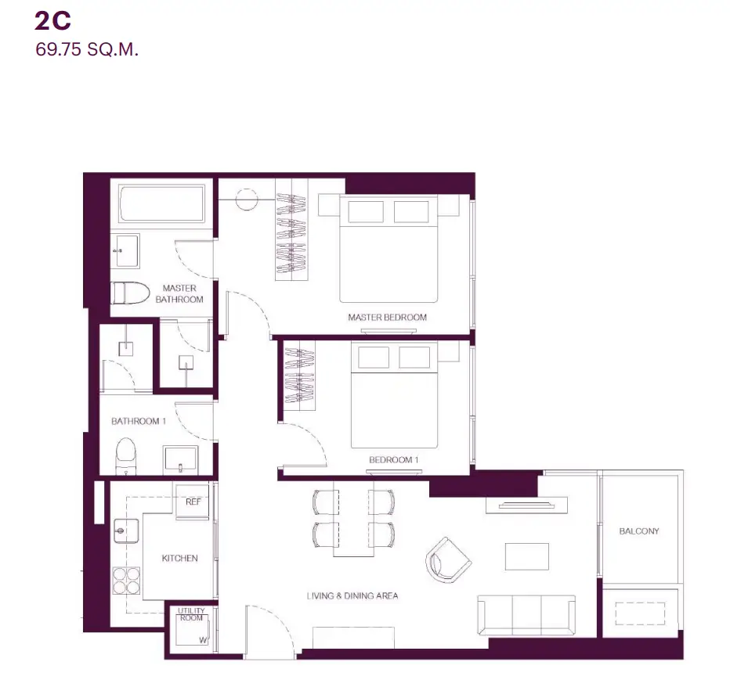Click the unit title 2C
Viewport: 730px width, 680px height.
[52, 21]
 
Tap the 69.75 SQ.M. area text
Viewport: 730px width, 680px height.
[87, 49]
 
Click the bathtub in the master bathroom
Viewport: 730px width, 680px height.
[161, 203]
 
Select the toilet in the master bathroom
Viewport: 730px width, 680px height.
[130, 293]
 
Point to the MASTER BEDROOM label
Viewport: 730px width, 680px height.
[388, 317]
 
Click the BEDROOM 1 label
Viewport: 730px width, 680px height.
[394, 460]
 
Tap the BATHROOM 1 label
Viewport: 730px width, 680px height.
[139, 421]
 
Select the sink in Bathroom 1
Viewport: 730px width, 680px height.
[181, 459]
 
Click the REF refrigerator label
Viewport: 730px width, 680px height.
[193, 502]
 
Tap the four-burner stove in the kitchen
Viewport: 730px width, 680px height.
[126, 581]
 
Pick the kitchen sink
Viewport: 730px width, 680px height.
[126, 531]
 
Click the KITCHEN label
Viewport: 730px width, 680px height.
[179, 558]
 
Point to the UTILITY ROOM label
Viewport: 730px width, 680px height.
[191, 614]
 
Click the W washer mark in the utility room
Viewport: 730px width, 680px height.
[203, 640]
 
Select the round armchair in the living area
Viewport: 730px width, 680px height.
[448, 560]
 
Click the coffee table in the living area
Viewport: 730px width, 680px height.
[527, 556]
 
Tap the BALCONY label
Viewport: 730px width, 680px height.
[639, 531]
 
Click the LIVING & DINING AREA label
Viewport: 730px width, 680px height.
[352, 595]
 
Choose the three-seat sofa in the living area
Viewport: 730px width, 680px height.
[526, 615]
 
